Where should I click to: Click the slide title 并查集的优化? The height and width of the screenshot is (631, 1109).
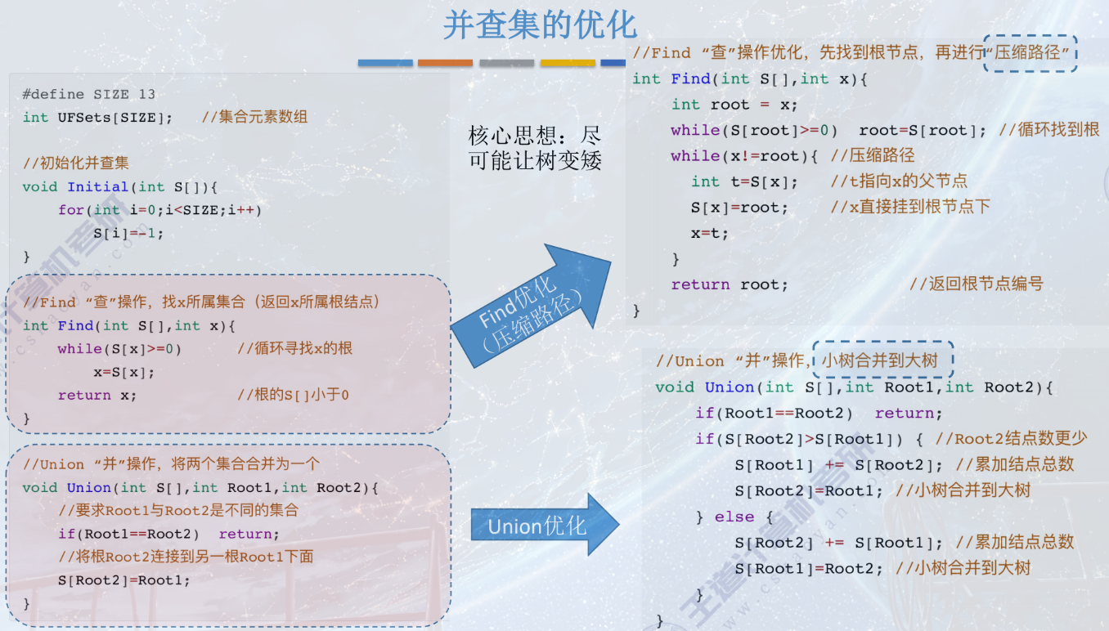540,25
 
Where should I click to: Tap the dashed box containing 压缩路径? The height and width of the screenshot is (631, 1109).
1030,53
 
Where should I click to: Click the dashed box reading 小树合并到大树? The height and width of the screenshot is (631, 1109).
883,360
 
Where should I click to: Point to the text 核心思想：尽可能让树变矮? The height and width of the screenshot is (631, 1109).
535,147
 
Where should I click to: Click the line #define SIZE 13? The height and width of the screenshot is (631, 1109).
89,94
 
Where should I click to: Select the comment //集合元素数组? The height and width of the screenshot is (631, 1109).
254,117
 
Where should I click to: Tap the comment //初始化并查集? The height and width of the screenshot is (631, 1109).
76,163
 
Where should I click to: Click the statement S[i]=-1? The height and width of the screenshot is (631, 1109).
128,233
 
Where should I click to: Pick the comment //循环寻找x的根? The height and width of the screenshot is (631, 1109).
295,349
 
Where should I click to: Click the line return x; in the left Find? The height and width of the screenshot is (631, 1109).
97,396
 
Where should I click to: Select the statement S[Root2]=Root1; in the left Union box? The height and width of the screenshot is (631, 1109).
123,581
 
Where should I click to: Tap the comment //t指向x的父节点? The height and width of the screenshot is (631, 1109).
899,181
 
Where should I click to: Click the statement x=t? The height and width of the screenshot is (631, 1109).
709,234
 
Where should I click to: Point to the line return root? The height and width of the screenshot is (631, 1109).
730,285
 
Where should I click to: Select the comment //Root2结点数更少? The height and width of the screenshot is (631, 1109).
1011,439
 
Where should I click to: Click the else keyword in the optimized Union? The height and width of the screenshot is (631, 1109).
734,517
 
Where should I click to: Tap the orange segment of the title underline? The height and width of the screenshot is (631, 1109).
445,63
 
